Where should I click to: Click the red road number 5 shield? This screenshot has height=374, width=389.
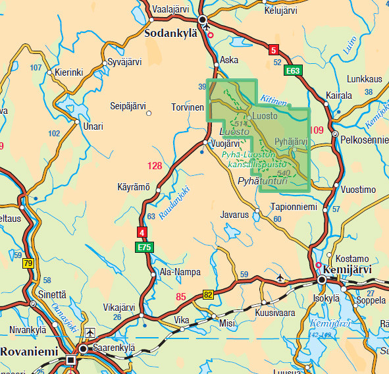tap(273, 49)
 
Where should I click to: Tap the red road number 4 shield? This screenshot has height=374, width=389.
tap(142, 232)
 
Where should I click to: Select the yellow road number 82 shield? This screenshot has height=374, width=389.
tap(209, 294)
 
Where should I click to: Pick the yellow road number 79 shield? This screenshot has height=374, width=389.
tap(28, 264)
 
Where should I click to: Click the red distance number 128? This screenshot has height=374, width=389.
tap(155, 166)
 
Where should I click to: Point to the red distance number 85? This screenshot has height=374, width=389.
tap(182, 297)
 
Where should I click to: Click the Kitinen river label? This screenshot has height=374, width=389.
tap(274, 100)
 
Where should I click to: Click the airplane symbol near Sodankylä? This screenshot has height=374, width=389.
tap(209, 28)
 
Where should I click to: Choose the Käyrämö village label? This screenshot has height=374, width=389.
tap(134, 187)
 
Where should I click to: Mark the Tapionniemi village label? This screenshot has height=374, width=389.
tap(294, 207)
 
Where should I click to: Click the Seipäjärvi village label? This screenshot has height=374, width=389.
tap(128, 105)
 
